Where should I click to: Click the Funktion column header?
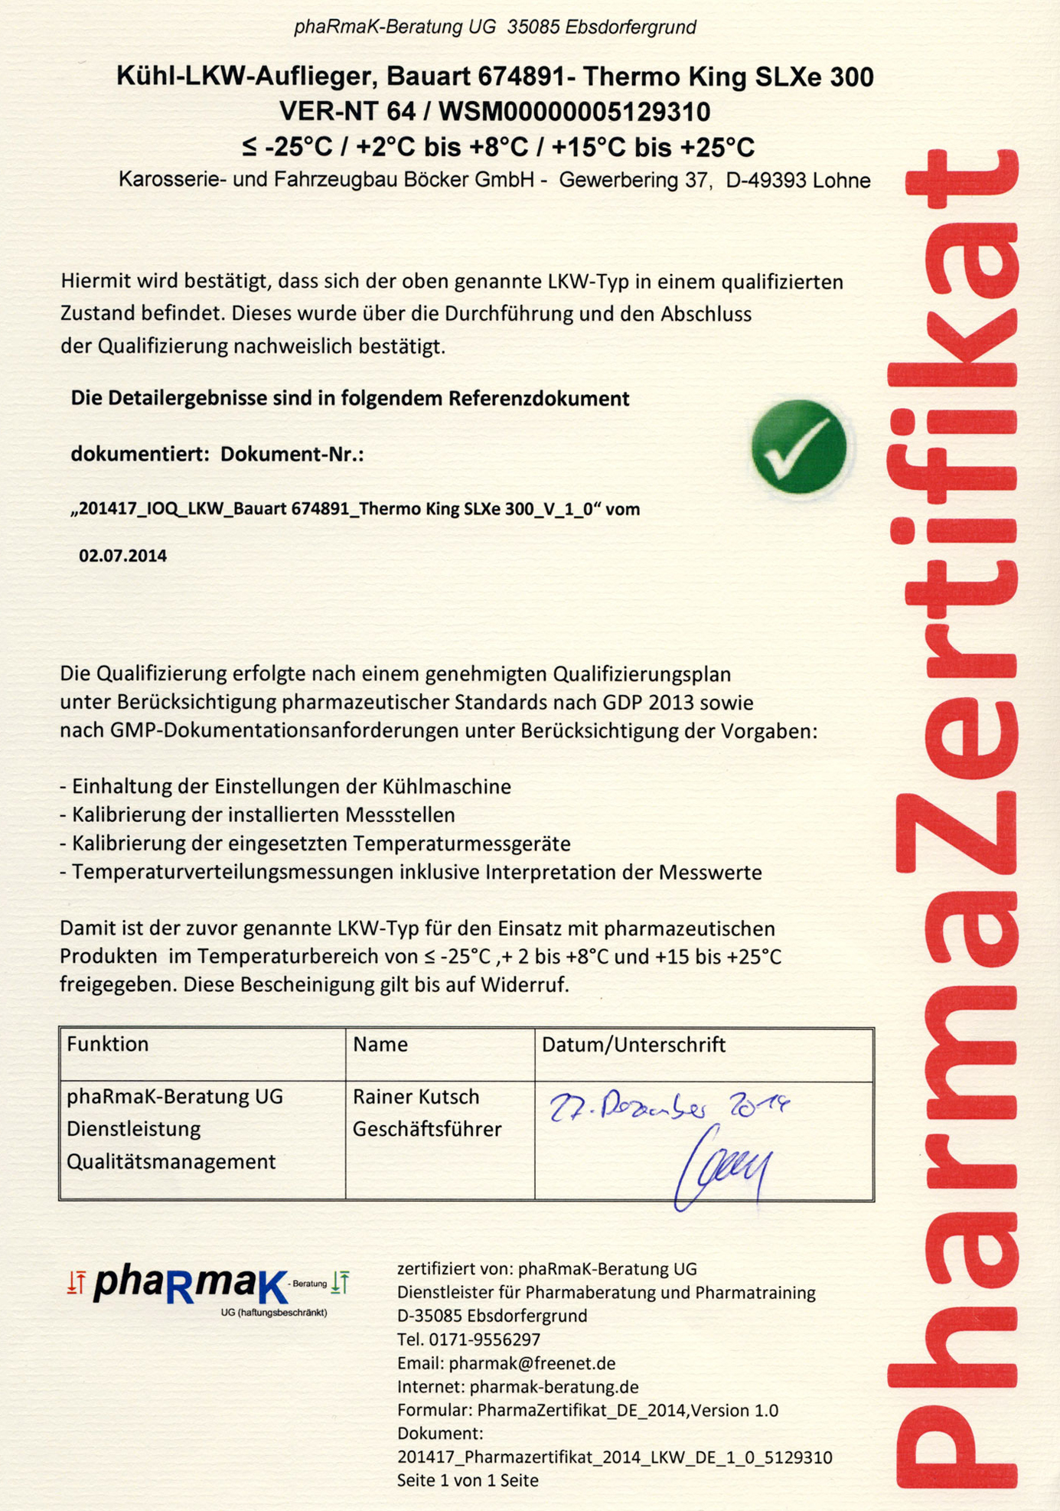[108, 1045]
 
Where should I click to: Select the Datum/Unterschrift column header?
[633, 1045]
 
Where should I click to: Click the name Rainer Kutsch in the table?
[416, 1097]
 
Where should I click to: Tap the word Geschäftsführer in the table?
[427, 1129]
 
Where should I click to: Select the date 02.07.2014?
[122, 556]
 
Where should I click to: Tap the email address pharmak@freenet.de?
[532, 1363]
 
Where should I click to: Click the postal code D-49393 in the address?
[767, 181]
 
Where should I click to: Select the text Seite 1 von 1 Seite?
[467, 1480]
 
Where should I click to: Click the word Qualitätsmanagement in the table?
[171, 1162]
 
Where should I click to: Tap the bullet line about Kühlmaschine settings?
[285, 787]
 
